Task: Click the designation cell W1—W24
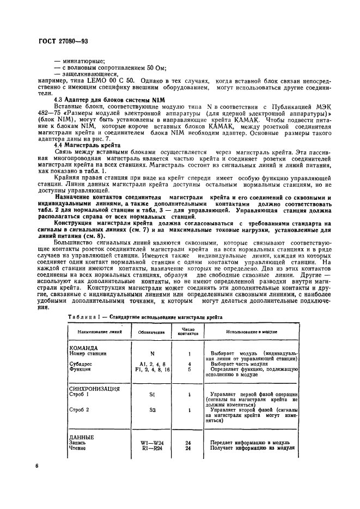click(x=152, y=443)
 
